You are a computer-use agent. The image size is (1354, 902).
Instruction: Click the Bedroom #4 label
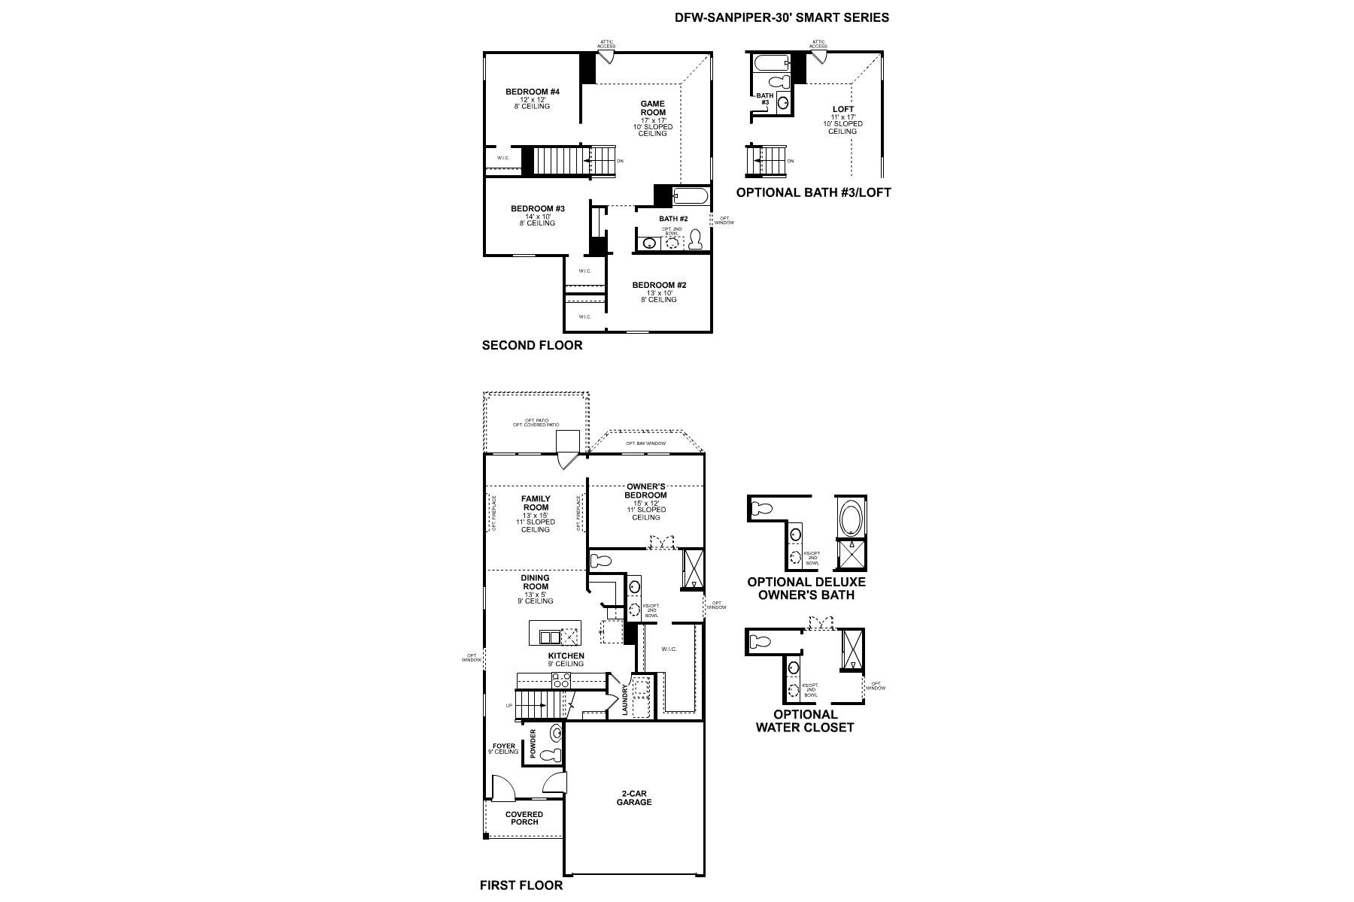coord(532,92)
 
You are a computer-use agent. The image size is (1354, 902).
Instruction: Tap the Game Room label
coord(652,108)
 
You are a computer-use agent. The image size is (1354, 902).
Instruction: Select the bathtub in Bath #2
coord(691,197)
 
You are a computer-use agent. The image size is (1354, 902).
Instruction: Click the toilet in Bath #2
coord(695,240)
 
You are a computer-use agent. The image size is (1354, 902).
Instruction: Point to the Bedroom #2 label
coord(659,286)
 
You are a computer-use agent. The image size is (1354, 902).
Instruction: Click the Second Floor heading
coord(532,346)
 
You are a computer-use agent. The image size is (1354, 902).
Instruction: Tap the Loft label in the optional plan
coord(842,110)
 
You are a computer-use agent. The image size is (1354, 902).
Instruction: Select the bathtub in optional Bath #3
coord(769,62)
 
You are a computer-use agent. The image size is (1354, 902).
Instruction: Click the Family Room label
coord(536,503)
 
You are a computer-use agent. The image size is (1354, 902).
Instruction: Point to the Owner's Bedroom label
coord(645,491)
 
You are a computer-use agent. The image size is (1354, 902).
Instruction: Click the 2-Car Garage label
coord(636,798)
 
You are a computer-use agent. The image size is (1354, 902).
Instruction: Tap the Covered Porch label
coord(524,818)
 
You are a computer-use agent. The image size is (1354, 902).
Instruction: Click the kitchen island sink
coord(550,637)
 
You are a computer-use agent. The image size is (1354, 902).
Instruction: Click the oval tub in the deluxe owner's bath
coord(852,518)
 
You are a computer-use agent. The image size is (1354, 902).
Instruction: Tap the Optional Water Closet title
coord(805,720)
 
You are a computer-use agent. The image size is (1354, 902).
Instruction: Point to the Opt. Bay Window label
coord(645,443)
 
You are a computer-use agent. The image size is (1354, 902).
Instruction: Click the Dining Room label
coord(536,583)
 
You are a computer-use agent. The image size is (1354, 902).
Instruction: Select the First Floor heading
coord(521,885)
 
